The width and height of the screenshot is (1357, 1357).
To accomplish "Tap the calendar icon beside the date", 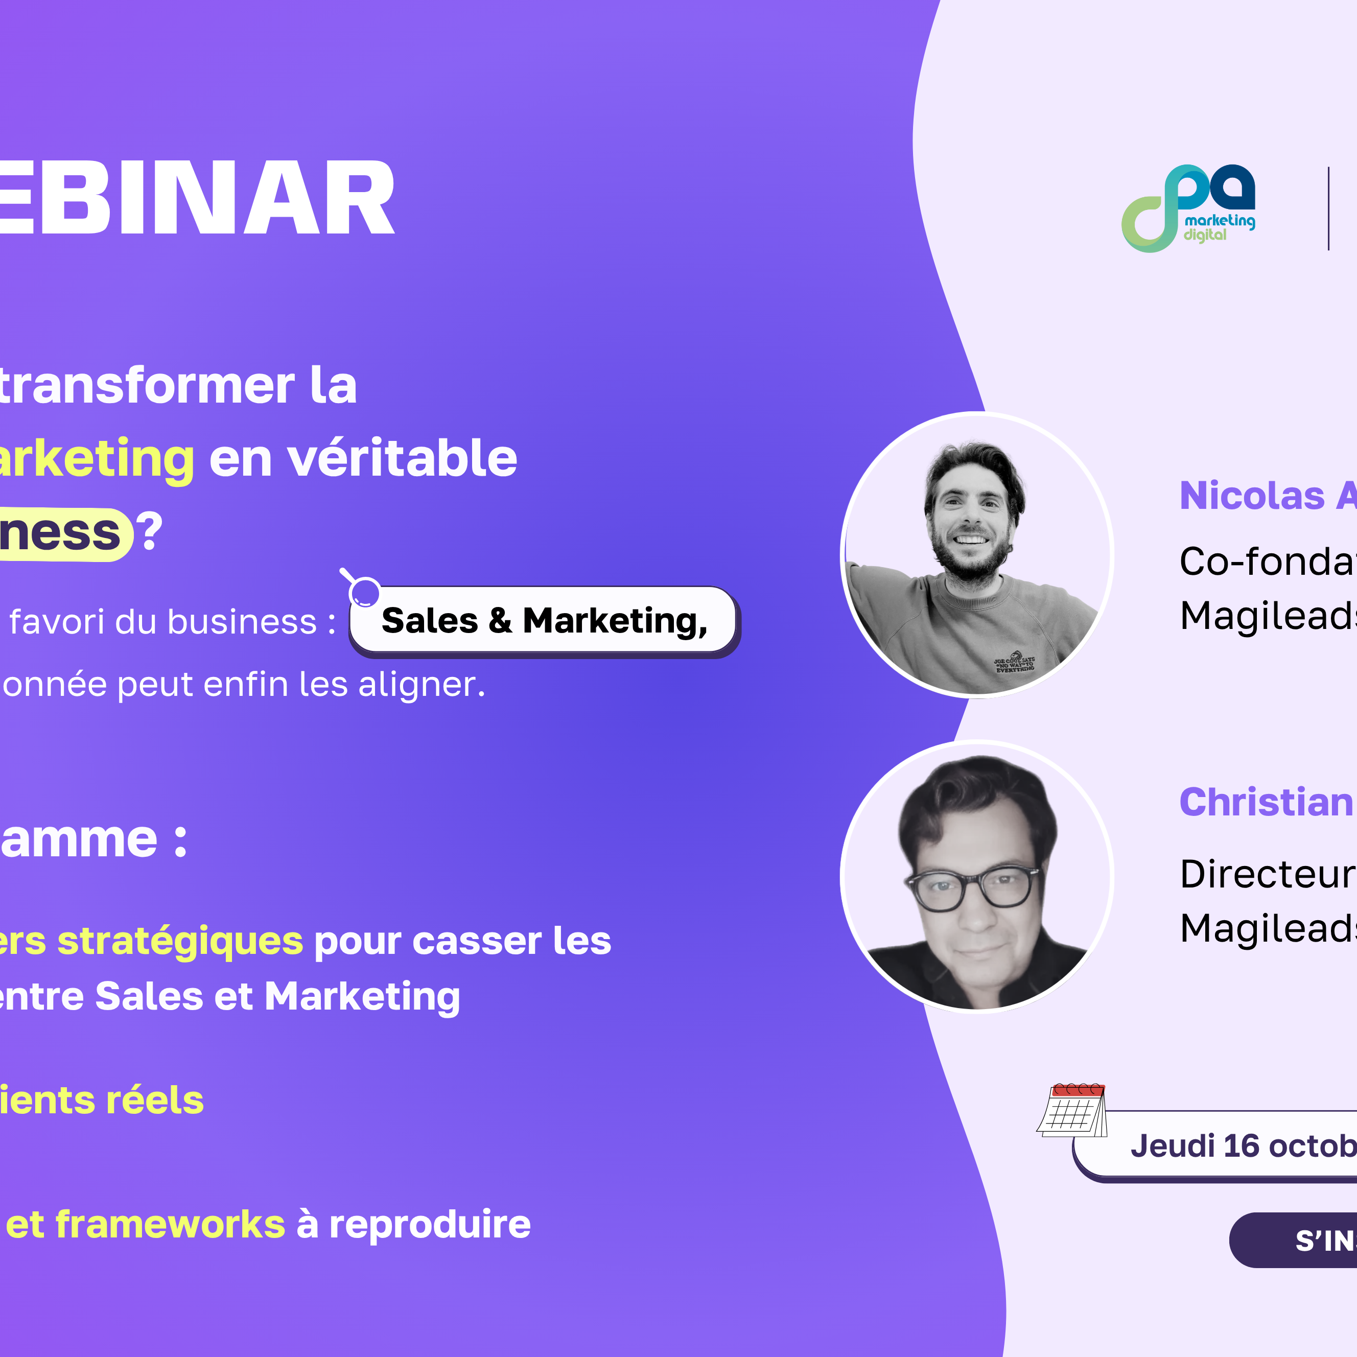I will pos(1072,1110).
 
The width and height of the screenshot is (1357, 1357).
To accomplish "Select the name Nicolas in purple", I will pos(1252,496).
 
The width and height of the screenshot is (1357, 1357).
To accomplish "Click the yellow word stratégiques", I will pos(180,941).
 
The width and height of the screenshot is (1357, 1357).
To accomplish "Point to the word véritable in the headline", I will pos(402,458).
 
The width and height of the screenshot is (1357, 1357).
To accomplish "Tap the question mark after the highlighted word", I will pos(150,532).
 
